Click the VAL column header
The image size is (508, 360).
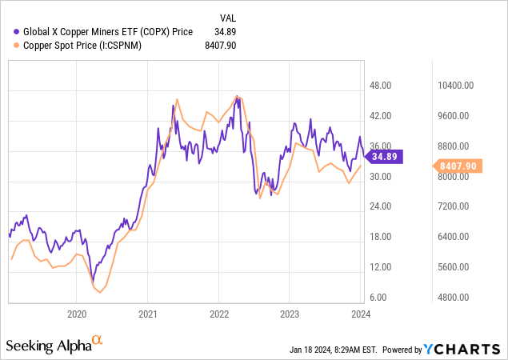point(229,17)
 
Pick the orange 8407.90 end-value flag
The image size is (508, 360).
point(458,166)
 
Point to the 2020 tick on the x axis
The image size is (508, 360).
point(77,314)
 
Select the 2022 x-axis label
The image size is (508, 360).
point(219,314)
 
